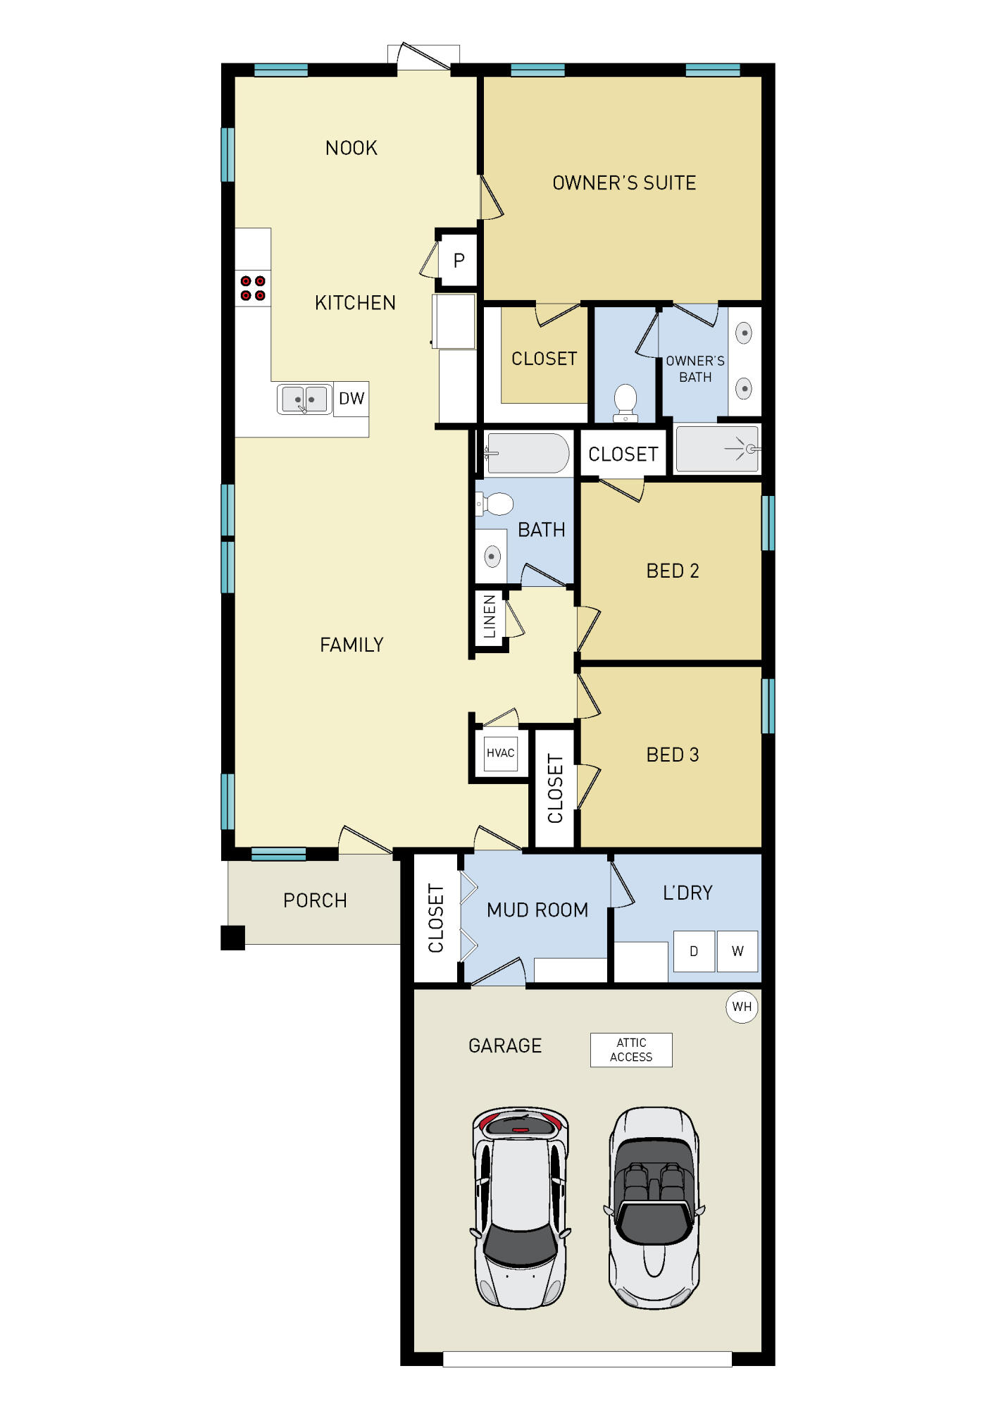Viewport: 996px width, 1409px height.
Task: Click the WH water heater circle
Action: pos(742,1007)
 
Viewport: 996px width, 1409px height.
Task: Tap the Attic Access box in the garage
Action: pos(631,1050)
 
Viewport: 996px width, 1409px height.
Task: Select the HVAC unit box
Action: pos(500,753)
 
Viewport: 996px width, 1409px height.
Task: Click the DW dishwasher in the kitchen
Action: pos(351,399)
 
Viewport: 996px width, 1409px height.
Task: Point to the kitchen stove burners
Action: pos(253,288)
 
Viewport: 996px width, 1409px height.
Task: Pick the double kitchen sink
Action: pos(304,399)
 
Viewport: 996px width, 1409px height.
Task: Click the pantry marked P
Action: pos(459,261)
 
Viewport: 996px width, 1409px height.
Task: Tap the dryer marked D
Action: pos(694,951)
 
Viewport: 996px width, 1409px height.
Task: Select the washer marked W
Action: pos(737,951)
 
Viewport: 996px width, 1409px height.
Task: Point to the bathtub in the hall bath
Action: pos(528,453)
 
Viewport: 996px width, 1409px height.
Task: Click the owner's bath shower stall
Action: pos(717,449)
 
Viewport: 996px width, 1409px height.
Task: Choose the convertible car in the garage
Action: pos(654,1208)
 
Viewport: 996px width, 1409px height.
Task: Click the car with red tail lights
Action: pos(521,1208)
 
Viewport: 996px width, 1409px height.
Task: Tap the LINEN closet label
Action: pos(490,616)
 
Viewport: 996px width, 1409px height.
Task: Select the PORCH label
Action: pos(315,901)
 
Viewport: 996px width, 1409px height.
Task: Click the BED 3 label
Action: pos(673,755)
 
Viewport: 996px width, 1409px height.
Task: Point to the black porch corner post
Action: pos(232,938)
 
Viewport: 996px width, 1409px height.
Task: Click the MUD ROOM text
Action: pos(537,910)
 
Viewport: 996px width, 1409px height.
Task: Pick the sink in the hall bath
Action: pos(492,557)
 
